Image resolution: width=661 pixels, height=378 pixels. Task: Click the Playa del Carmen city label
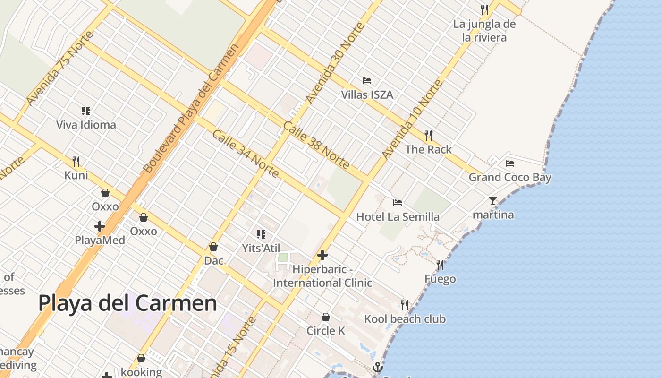[x=127, y=303]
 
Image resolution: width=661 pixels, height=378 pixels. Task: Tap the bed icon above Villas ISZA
[x=367, y=81]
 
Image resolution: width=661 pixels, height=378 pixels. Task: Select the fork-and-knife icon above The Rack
[x=428, y=136]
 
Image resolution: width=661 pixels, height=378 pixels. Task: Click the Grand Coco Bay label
[x=510, y=178]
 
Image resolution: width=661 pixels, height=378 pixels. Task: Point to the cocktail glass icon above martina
[x=493, y=201]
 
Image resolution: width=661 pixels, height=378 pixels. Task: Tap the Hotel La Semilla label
[x=398, y=217]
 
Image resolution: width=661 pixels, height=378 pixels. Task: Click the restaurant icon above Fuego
[x=440, y=265]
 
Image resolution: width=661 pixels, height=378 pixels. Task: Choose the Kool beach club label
[x=405, y=319]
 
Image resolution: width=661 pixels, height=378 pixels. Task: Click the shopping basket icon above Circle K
[x=325, y=317]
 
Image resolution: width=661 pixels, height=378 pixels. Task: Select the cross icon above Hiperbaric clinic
[x=322, y=256]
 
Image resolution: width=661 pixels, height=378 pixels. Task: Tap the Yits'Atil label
[x=261, y=248]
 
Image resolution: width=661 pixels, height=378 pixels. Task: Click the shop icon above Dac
[x=213, y=247]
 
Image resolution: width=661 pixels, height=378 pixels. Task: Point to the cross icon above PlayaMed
[x=100, y=226]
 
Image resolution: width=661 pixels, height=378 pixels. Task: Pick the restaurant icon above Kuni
[x=76, y=162]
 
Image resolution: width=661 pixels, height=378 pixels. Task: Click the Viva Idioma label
[x=86, y=125]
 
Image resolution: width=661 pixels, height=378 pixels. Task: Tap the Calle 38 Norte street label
[x=316, y=145]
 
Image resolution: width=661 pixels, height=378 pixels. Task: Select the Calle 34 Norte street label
[x=245, y=154]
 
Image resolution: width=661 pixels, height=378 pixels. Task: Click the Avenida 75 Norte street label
[x=59, y=69]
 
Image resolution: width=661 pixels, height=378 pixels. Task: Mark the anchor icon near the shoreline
[x=377, y=367]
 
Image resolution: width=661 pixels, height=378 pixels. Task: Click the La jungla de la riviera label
[x=484, y=31]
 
